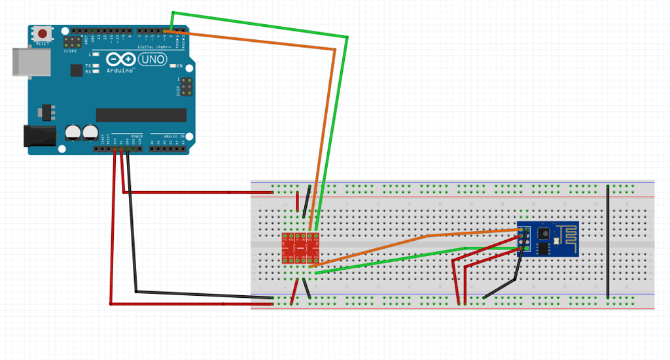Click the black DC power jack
[37, 135]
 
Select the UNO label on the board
[153, 59]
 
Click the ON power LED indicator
[172, 66]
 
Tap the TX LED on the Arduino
[96, 66]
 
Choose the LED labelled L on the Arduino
[96, 54]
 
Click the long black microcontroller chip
[141, 115]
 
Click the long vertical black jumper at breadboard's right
[608, 242]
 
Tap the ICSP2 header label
[70, 50]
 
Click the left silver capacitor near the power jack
[73, 133]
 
